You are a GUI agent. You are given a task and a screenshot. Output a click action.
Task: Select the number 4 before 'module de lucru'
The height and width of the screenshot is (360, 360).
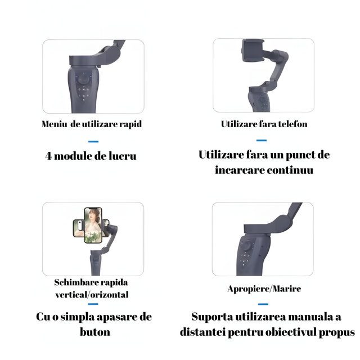(48, 156)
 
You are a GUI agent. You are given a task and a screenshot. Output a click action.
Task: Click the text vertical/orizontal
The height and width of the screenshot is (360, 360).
(92, 295)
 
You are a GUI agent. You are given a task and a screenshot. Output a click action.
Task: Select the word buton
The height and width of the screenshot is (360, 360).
(95, 332)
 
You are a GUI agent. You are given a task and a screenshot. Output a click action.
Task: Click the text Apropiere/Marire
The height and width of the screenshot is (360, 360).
(264, 289)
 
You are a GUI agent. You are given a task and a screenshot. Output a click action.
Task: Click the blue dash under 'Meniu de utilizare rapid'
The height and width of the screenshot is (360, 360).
(93, 141)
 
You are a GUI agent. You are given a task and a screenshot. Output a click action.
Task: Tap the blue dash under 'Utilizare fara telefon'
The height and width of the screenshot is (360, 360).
(262, 140)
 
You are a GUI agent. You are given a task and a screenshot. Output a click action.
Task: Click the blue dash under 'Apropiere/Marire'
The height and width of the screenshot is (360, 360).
(263, 304)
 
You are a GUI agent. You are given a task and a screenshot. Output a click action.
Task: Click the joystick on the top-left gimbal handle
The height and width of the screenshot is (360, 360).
(84, 79)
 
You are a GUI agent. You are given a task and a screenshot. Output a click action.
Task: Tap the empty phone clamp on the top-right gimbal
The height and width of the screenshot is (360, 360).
(253, 51)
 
